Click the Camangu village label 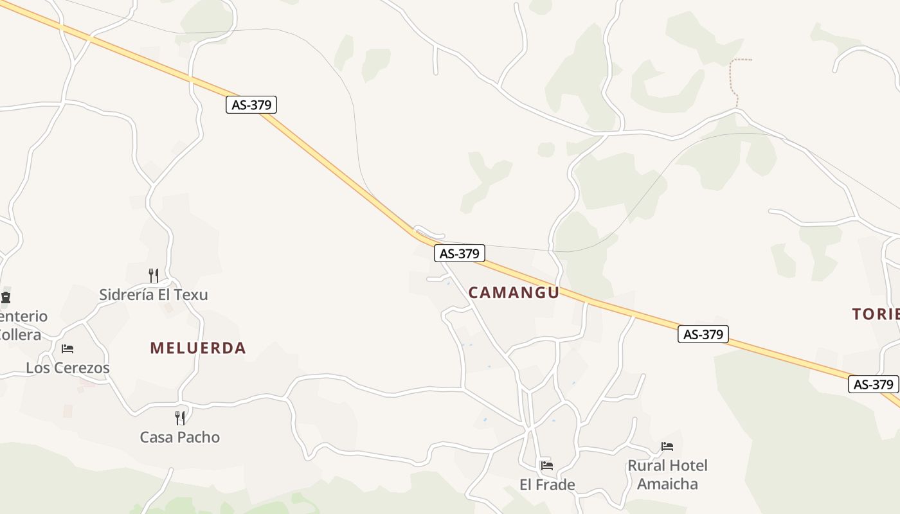514,293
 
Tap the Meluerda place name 198,348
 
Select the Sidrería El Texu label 154,295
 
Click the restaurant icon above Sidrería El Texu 154,276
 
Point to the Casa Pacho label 180,438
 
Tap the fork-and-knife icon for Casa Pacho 180,418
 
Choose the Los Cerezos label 67,368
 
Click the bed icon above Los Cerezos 67,349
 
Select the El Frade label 547,484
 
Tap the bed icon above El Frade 547,465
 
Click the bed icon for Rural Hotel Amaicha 667,447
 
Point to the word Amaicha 667,484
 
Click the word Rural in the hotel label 645,466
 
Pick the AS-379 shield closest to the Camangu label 459,254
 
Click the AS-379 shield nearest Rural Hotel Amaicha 703,334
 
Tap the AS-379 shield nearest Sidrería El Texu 251,105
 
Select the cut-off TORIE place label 876,314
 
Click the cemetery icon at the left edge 6,297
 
